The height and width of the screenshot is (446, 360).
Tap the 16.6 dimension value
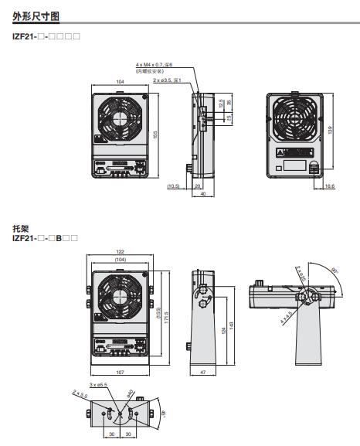tap(330, 186)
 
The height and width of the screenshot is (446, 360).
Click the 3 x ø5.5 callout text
tap(97, 384)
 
